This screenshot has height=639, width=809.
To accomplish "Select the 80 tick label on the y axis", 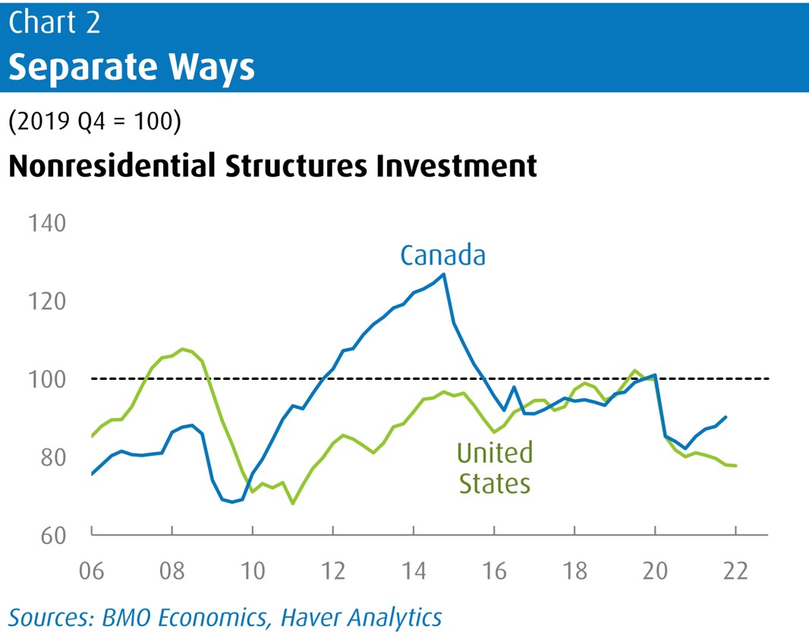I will click(47, 457).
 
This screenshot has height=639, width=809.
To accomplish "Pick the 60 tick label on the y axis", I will click(47, 535).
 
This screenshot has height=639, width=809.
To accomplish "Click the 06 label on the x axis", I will click(92, 569).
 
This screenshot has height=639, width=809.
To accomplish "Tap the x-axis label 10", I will click(252, 569).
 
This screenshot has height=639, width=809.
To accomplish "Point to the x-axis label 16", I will click(494, 569).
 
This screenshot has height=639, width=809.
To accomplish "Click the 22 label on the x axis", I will click(735, 569).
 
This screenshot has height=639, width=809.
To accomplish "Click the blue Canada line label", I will click(442, 255).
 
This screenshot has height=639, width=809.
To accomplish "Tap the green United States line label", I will click(494, 467).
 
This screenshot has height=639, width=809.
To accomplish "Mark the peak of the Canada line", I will click(443, 274).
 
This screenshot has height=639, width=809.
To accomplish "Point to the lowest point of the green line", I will click(293, 504).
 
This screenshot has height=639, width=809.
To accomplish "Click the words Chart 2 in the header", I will click(54, 23).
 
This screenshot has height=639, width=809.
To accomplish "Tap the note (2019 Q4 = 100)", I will click(95, 122).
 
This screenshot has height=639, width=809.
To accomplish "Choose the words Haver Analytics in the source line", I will click(361, 617).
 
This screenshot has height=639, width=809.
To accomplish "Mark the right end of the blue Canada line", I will click(726, 416).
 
